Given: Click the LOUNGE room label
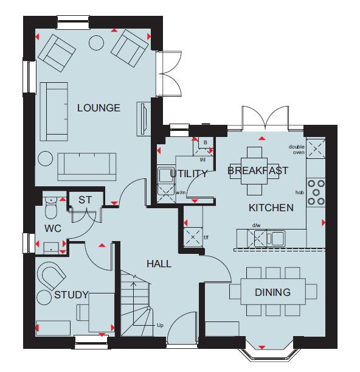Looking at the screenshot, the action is pos(99,108).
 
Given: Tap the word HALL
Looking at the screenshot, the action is pos(159,264).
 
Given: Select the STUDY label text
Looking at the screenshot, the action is pos(71,295).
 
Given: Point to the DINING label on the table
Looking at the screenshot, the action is pos(272,292).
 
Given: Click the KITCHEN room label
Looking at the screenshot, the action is pos(271,208).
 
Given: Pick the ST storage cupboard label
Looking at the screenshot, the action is pos(85,200).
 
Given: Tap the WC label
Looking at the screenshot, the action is pos(53,228).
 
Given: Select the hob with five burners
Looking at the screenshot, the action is pos(316,192).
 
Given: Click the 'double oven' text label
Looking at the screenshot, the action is pos(297,149).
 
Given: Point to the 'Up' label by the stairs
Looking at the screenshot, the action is pos(160,325).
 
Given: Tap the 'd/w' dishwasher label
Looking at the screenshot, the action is pos(256,225).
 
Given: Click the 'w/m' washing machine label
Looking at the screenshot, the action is pos(181,192).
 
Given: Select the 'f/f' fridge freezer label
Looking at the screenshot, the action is pos(206,237).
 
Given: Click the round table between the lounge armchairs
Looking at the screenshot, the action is pos(96,43).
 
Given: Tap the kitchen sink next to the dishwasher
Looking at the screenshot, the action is pos(276,238).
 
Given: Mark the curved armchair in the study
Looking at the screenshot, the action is pos(51,275).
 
